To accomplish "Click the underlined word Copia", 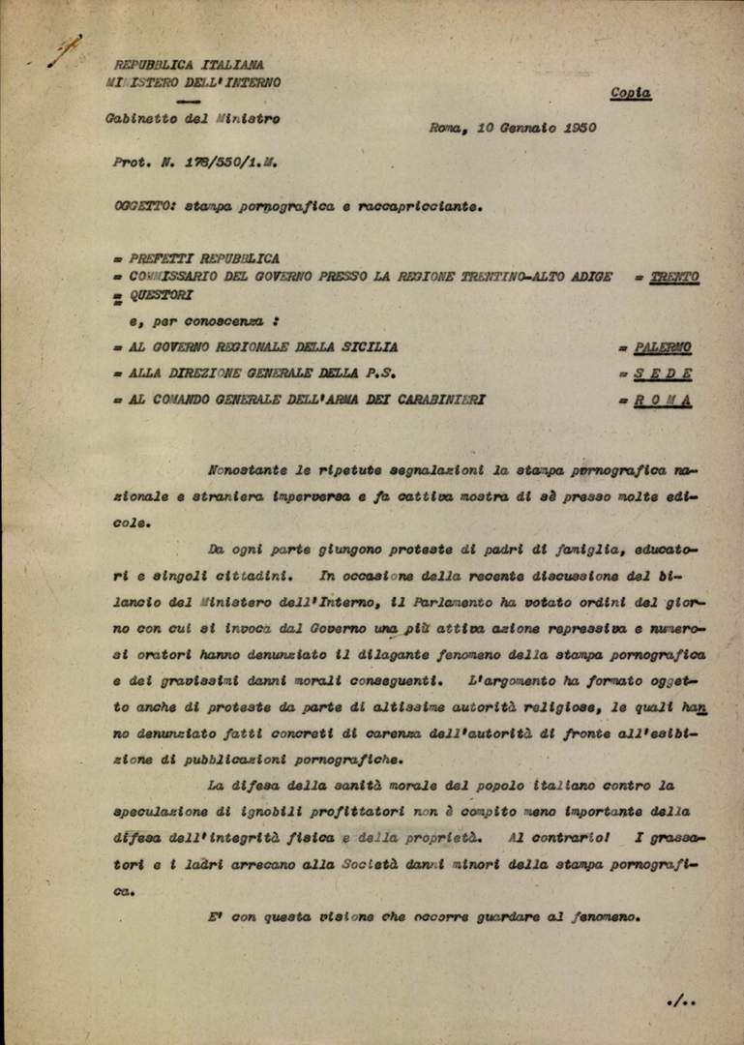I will point(630,94).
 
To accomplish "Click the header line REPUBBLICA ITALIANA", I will point(188,65).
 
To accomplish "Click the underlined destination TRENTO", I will point(674,277).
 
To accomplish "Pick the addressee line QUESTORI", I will point(161,295).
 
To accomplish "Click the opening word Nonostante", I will point(247,470).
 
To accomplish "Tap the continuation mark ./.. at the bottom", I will point(681,1000).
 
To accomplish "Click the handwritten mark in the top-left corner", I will point(64,51).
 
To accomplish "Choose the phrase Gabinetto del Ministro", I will point(193,119).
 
